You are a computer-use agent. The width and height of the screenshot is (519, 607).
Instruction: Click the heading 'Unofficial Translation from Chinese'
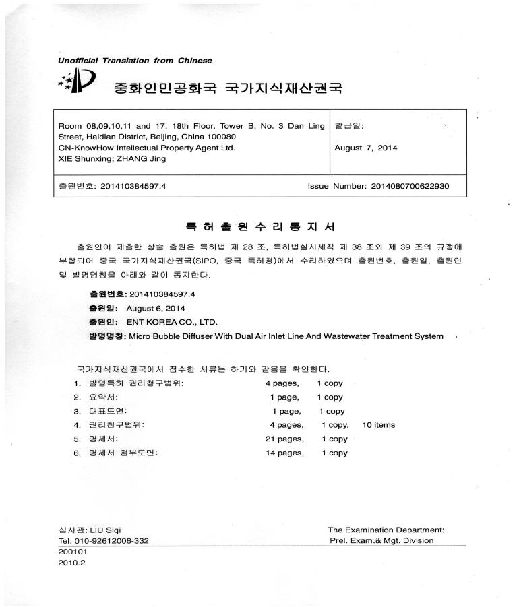135,61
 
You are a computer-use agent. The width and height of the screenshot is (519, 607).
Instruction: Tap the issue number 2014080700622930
410,186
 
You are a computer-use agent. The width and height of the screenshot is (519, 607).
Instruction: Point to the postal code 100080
218,137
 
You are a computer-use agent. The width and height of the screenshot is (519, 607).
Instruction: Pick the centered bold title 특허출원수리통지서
260,226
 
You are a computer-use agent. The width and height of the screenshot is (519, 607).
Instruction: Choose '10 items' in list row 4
379,425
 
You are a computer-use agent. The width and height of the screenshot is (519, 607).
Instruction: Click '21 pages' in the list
285,439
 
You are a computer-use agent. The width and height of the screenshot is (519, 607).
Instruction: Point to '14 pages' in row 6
285,453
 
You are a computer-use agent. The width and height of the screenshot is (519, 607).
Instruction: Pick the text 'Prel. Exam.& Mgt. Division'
381,541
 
